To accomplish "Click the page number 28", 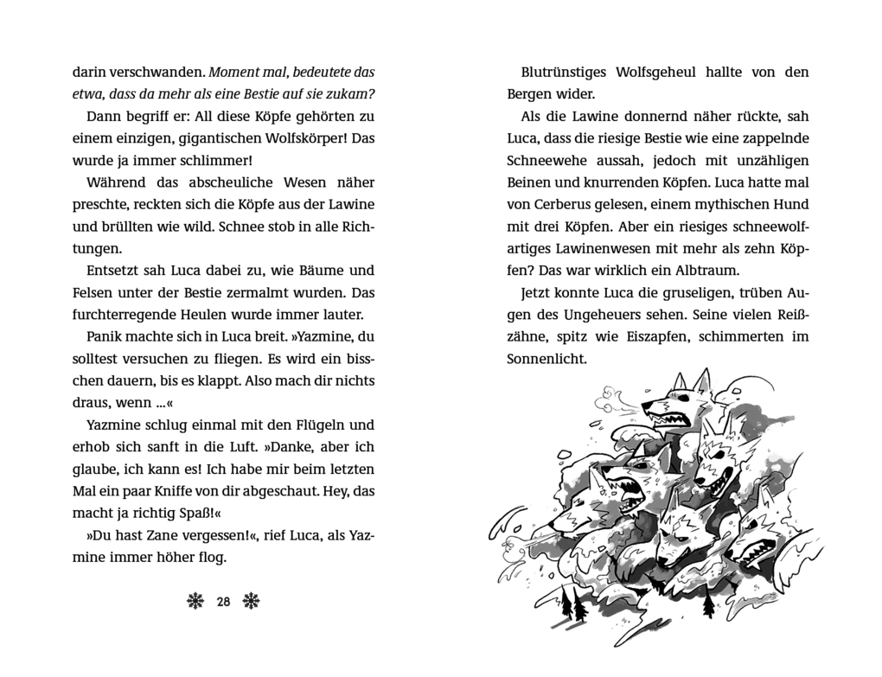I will coord(223,602).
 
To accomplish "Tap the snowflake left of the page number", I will coord(195,602).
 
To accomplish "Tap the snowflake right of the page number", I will coord(252,602).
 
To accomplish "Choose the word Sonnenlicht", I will coord(546,359).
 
